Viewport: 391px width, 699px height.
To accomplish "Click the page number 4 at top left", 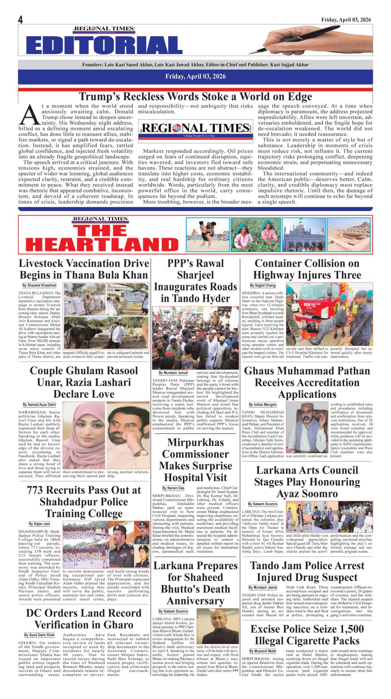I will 20,20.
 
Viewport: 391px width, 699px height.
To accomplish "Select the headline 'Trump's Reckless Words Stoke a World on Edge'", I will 195,96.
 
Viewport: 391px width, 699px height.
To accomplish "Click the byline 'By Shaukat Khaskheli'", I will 40,285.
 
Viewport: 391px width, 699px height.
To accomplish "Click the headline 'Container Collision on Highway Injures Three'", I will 307,269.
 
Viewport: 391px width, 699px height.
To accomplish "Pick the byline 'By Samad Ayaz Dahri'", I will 40,404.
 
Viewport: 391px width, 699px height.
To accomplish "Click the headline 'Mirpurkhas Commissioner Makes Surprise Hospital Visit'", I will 195,460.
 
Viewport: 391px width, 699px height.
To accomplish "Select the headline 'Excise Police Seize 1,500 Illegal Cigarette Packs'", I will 307,635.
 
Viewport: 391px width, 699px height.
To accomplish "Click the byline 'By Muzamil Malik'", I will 263,651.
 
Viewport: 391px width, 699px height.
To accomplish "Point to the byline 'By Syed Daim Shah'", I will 40,635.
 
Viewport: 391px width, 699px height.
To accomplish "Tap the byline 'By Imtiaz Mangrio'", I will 263,405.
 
